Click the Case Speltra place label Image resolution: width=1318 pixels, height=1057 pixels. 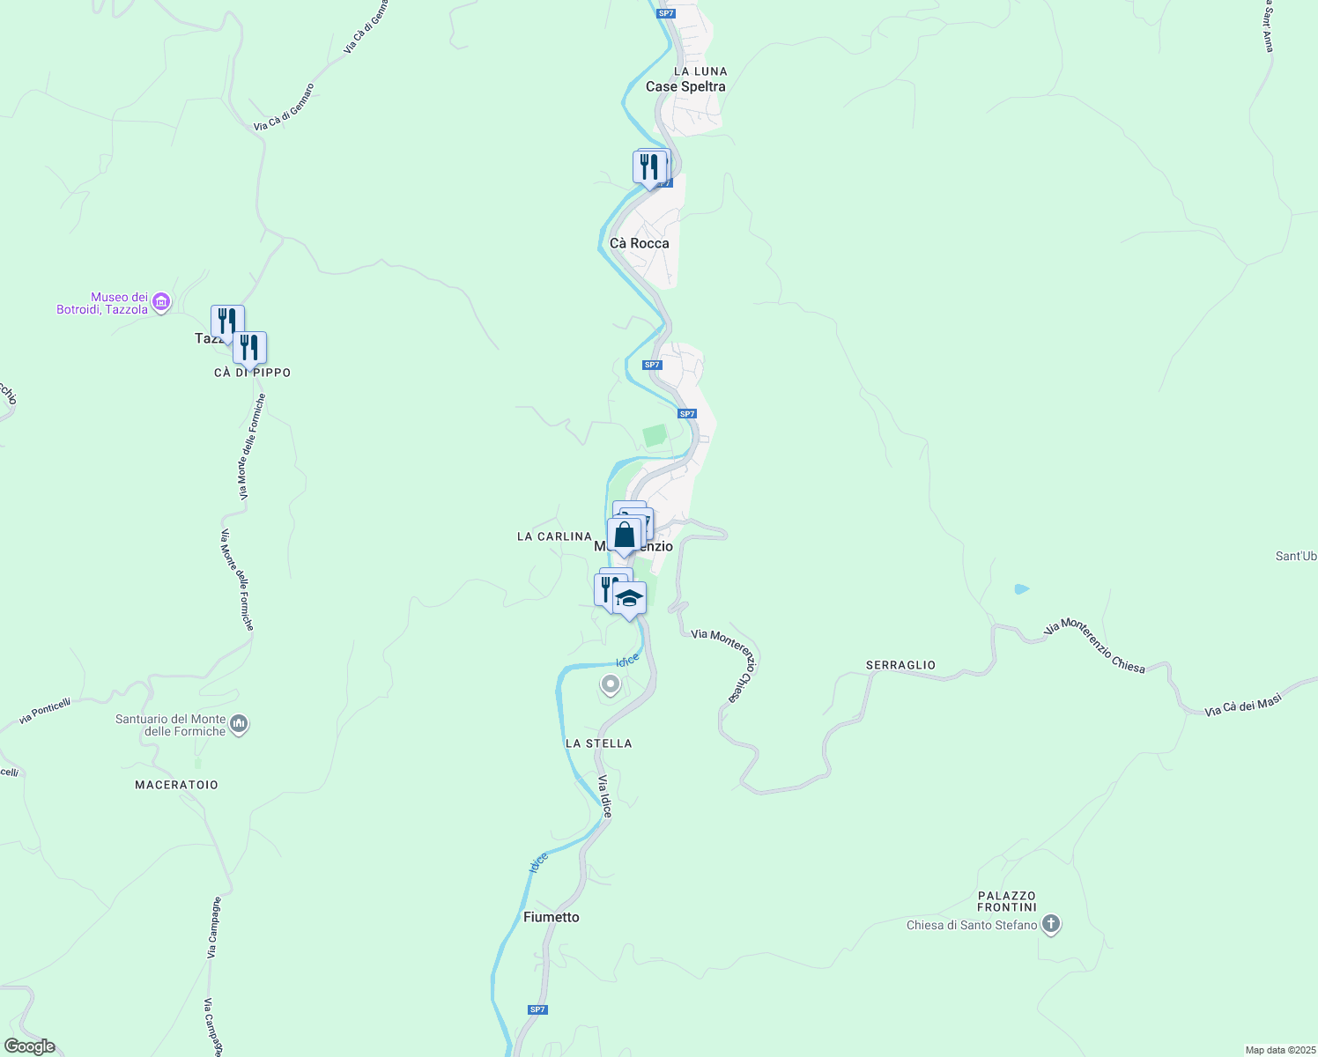(685, 86)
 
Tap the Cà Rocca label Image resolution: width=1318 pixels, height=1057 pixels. (639, 243)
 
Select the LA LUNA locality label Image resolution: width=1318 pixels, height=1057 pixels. (700, 71)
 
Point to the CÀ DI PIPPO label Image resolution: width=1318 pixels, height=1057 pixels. (252, 373)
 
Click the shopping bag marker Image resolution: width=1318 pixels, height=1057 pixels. (624, 535)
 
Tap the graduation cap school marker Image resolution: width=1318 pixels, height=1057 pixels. (629, 599)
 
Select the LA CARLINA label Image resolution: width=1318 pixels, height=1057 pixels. (554, 536)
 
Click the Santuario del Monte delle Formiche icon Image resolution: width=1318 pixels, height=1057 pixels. (239, 725)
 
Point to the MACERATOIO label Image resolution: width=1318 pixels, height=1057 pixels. (176, 785)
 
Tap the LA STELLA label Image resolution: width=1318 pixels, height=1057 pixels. (598, 743)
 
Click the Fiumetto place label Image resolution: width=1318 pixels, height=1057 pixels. (552, 917)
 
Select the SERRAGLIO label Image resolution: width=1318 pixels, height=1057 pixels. (900, 665)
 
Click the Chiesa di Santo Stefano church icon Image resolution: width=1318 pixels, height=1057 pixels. (1050, 925)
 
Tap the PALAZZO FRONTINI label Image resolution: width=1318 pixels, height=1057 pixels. (1007, 901)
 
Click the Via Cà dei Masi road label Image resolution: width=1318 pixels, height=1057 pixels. (1242, 705)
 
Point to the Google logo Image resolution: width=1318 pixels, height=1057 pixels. (29, 1046)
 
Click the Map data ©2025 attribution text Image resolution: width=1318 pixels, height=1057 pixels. (1279, 1050)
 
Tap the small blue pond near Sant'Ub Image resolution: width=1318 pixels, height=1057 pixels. (1021, 588)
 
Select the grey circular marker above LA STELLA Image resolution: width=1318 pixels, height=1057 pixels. (610, 684)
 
